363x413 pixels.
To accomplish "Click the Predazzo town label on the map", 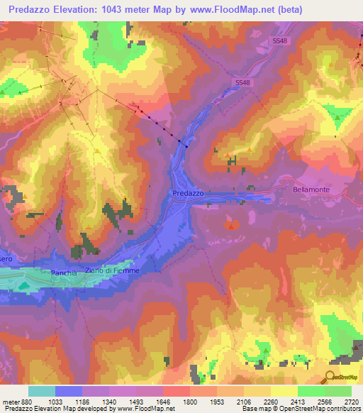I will (x=188, y=193).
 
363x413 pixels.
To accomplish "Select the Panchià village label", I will (x=63, y=273).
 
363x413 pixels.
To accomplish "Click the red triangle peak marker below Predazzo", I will (x=231, y=225).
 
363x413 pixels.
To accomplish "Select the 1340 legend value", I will (x=109, y=400).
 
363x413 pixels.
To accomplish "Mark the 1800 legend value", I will (x=190, y=400).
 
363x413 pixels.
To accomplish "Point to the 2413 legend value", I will (x=298, y=400).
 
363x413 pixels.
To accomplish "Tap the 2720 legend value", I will (x=350, y=400).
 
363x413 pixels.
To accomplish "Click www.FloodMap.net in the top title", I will (x=238, y=10).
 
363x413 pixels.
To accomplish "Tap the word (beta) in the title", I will (x=289, y=10).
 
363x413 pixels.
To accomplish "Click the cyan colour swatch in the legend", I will (x=41, y=391).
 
